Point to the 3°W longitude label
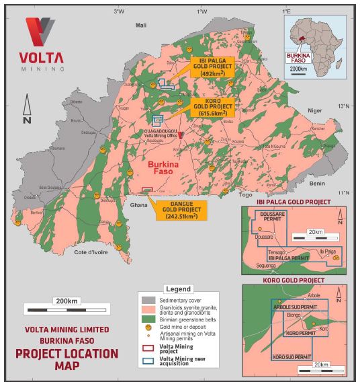[119, 11]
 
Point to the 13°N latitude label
[344, 106]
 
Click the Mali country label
[141, 25]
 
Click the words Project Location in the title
[66, 354]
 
